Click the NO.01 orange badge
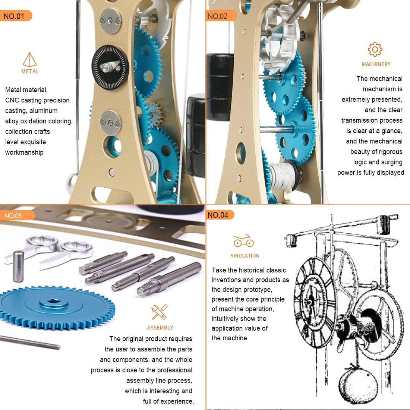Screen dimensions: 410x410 (15, 16)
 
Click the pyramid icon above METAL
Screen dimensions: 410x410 (30, 60)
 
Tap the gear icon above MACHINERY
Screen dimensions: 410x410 (375, 50)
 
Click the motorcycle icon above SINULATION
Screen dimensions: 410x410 (244, 241)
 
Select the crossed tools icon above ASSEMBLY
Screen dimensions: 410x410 (160, 312)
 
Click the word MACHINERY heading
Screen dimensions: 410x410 (376, 64)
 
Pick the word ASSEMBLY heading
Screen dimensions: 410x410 (160, 328)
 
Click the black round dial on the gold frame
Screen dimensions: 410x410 (110, 67)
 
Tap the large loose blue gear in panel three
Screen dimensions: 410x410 (56, 304)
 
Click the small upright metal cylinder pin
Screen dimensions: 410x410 (18, 266)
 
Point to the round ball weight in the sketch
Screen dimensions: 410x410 (357, 384)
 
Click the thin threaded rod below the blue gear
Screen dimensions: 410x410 (30, 342)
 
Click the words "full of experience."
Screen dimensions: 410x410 (168, 401)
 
